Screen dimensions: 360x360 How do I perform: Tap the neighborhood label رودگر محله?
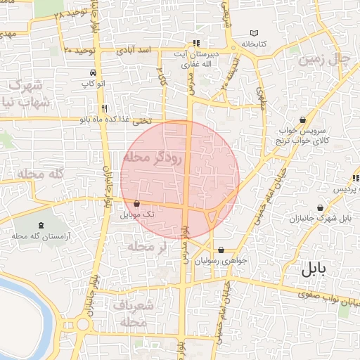[x=152, y=157]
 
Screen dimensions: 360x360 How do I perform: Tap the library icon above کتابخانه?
[x=254, y=33]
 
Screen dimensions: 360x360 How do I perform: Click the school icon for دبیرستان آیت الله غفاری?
[x=195, y=43]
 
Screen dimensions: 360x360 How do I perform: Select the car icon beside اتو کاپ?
[x=93, y=73]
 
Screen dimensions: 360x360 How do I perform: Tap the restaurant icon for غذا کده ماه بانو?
[x=103, y=108]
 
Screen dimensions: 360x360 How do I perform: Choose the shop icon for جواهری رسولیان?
[x=221, y=250]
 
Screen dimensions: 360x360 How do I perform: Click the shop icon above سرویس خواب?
[x=302, y=120]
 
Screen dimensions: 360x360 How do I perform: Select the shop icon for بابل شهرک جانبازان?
[x=321, y=207]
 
